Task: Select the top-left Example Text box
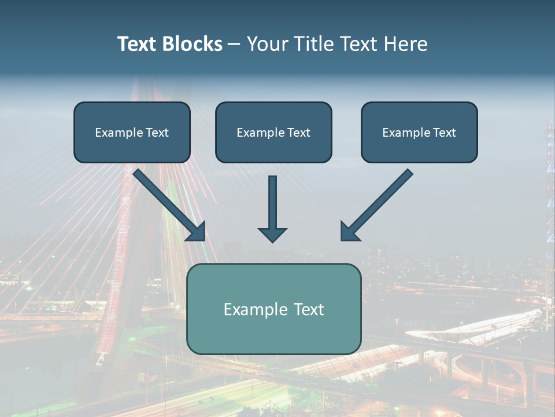pyautogui.click(x=132, y=133)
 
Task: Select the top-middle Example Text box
pyautogui.click(x=273, y=133)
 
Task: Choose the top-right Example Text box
pyautogui.click(x=419, y=133)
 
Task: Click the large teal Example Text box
pyautogui.click(x=273, y=309)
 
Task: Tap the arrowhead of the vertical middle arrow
pyautogui.click(x=272, y=234)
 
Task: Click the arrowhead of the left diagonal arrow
pyautogui.click(x=197, y=232)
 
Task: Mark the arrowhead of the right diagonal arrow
pyautogui.click(x=349, y=232)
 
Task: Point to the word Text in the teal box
pyautogui.click(x=309, y=309)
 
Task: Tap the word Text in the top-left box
pyautogui.click(x=157, y=133)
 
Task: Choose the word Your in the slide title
pyautogui.click(x=266, y=44)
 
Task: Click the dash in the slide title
pyautogui.click(x=234, y=44)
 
